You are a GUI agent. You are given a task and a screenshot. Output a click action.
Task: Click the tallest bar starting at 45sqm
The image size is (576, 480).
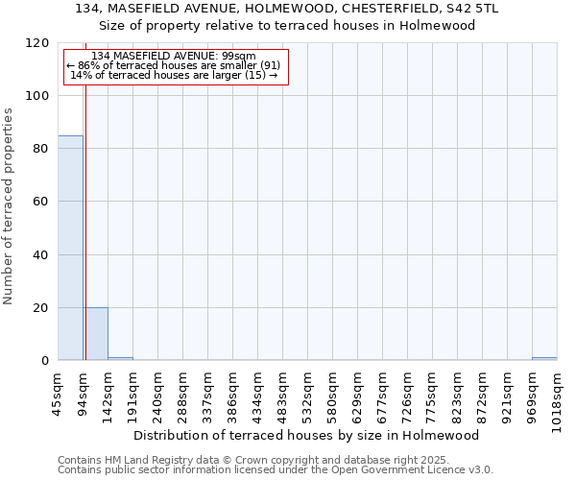point(70,248)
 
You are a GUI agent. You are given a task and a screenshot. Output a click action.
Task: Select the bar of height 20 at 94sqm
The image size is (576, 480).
point(95,334)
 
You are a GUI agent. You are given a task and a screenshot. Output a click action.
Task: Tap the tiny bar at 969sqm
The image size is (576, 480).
point(544,359)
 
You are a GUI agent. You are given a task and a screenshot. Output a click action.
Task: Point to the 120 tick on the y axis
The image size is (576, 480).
point(37,43)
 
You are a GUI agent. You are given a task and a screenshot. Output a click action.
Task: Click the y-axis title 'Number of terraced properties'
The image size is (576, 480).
point(9,206)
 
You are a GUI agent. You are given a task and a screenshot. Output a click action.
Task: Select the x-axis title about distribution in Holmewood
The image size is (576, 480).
point(306,435)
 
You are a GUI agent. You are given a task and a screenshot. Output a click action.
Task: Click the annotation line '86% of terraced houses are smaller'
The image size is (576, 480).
point(174,65)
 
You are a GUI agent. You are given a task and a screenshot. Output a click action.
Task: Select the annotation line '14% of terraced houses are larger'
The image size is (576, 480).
point(174,75)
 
